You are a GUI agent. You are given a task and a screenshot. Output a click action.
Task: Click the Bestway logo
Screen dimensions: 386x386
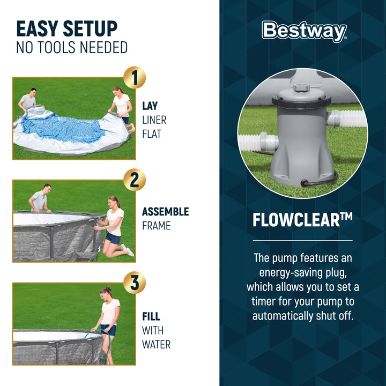pyautogui.click(x=304, y=32)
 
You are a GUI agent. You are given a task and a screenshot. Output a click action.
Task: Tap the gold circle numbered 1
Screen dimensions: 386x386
pyautogui.click(x=134, y=78)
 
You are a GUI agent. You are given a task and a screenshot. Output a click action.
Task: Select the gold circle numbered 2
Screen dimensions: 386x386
pyautogui.click(x=134, y=180)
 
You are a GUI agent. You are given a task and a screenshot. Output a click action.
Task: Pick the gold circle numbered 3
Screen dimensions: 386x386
pyautogui.click(x=134, y=283)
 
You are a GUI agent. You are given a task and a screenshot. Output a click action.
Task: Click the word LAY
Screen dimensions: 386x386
pyautogui.click(x=150, y=106)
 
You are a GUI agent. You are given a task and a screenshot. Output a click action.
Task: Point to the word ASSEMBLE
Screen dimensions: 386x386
pyautogui.click(x=165, y=212)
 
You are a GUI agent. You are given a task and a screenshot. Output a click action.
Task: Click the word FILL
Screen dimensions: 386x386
pyautogui.click(x=151, y=316)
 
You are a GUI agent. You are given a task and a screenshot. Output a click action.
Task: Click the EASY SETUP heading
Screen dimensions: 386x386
pyautogui.click(x=66, y=28)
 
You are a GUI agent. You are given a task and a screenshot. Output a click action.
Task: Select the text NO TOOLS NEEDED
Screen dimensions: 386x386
pyautogui.click(x=72, y=48)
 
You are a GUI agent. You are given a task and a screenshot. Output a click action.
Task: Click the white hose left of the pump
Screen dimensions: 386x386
pyautogui.click(x=258, y=142)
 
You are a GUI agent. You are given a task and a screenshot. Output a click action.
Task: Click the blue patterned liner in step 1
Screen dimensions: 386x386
pyautogui.click(x=62, y=129)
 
